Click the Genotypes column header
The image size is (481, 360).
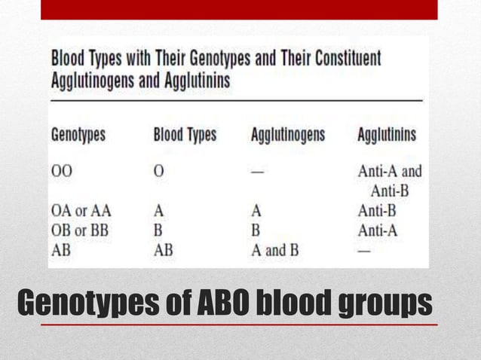tap(78, 136)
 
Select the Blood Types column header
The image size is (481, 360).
tap(185, 136)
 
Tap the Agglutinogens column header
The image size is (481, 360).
tap(288, 136)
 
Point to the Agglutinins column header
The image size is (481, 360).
tap(387, 136)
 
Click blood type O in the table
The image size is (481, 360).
tap(158, 171)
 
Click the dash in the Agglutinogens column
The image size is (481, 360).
tap(258, 172)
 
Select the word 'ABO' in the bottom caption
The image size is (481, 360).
tap(219, 304)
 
